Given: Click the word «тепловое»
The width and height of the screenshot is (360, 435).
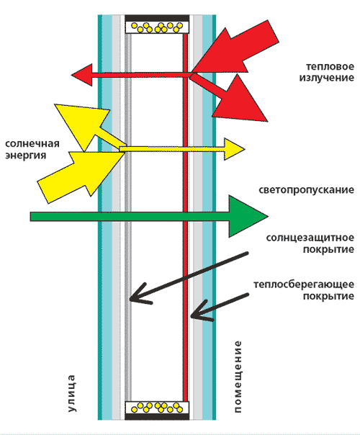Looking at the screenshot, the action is pos(330,66).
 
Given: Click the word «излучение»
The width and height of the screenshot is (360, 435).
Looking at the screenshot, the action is pos(326,78).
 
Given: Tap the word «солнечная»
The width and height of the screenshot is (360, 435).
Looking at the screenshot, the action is pos(32,144).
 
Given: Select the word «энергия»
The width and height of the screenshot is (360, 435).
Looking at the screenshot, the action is pos(25,156).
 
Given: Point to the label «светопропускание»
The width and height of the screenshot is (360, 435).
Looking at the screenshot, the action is pos(306,190).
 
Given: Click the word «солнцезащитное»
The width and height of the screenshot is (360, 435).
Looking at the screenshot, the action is pos(310,238).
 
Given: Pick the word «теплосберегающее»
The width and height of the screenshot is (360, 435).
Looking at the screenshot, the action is pos(304,284).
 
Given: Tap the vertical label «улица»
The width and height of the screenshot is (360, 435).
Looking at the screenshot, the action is pos(71,393).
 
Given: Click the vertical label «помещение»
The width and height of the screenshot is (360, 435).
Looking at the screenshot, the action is pos(238,377).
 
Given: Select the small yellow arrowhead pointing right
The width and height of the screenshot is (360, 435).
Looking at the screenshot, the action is pos(233,149).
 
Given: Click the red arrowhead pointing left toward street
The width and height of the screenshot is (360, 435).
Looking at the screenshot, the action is pos(83,75).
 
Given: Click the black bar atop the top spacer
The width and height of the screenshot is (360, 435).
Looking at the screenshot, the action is pos(157,18).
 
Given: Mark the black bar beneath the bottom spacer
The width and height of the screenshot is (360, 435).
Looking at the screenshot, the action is pos(157,416).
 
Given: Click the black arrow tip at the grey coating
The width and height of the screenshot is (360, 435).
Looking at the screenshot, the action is pos(130,299).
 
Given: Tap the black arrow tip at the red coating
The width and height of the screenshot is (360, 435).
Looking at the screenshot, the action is pos(192,315).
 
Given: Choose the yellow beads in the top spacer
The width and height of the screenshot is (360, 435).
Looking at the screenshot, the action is pos(157,27).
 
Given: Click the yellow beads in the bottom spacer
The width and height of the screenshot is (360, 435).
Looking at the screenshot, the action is pos(157,407).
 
